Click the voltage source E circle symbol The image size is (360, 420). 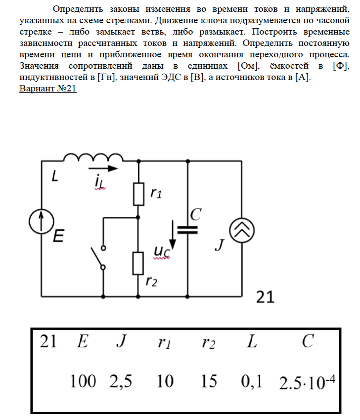(42, 221)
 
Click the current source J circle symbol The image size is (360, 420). (242, 231)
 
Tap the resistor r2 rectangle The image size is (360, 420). (138, 263)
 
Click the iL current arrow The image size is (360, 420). (106, 168)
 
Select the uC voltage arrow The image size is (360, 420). (173, 237)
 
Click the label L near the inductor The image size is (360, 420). (55, 177)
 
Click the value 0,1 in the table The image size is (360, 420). (252, 381)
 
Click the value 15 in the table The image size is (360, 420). (209, 381)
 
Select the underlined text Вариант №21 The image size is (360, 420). (47, 90)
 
